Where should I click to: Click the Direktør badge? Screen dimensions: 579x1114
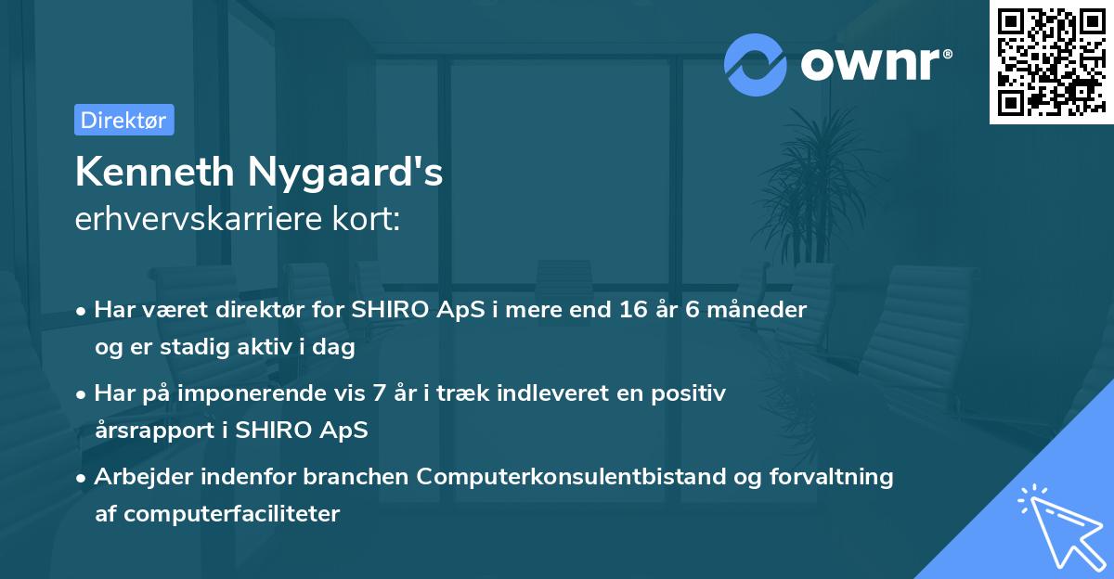tap(123, 121)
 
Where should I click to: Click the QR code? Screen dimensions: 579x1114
tap(1051, 62)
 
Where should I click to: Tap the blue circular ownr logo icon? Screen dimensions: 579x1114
tap(756, 64)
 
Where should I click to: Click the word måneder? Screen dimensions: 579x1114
tap(755, 309)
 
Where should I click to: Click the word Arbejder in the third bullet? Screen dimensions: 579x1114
tap(136, 477)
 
